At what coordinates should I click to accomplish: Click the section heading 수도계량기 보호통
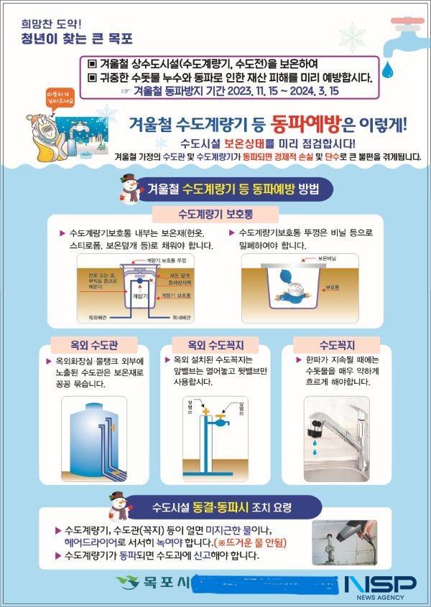click(215, 214)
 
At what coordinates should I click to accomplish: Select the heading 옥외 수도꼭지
click(215, 344)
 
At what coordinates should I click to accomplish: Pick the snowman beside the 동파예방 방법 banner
click(130, 188)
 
